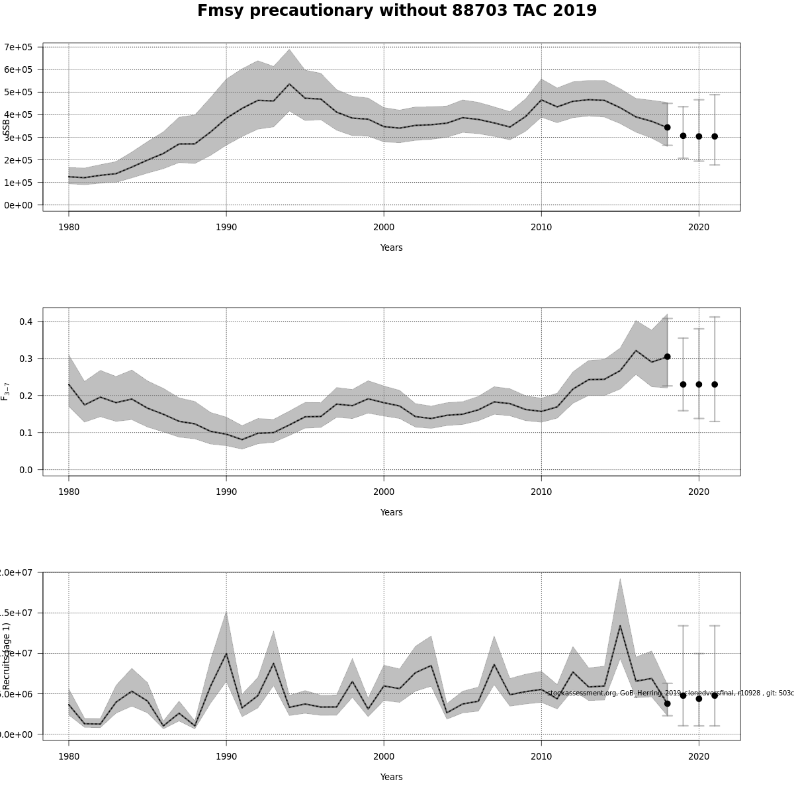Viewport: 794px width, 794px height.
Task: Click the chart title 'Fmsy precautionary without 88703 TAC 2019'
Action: (397, 11)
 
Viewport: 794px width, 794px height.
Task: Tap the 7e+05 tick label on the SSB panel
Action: (18, 47)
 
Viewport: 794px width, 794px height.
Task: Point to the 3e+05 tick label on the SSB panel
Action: (18, 138)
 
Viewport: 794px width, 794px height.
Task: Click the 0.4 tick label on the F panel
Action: (25, 322)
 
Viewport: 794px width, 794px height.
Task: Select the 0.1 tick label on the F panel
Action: (25, 433)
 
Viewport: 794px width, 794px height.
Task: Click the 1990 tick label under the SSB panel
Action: (226, 227)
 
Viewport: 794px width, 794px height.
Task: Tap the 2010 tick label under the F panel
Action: (541, 492)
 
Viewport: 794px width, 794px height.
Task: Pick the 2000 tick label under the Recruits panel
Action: (384, 756)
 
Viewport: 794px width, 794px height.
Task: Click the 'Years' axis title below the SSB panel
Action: (391, 247)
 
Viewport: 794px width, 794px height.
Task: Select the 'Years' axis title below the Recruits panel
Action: (391, 777)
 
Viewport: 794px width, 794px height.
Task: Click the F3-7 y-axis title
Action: (6, 391)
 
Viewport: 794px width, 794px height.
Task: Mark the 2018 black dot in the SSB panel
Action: (667, 127)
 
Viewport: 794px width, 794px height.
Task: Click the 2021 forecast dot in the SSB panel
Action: (715, 136)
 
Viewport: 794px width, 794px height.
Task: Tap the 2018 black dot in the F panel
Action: (667, 357)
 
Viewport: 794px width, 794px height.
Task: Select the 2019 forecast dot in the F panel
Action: (683, 384)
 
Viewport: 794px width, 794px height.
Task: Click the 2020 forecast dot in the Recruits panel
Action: (699, 699)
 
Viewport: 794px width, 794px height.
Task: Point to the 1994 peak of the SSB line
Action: (289, 84)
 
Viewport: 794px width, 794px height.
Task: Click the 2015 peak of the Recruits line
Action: (620, 625)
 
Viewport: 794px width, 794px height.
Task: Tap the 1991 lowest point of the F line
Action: (242, 440)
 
